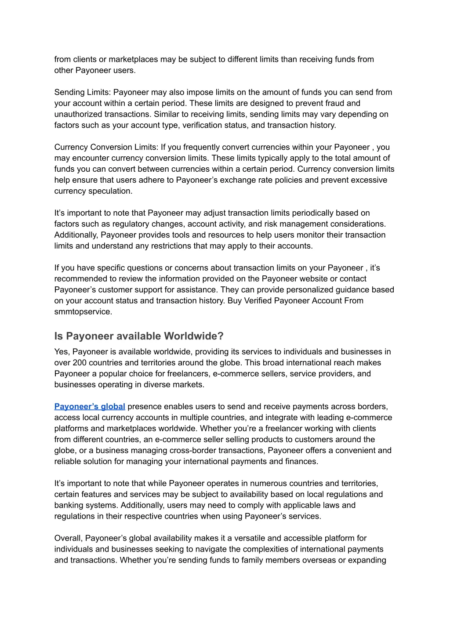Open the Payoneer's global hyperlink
coord(90,407)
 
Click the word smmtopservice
coord(83,312)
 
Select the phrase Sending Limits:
coord(83,92)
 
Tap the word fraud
coord(335,103)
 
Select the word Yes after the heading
coord(61,352)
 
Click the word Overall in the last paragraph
coord(68,538)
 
